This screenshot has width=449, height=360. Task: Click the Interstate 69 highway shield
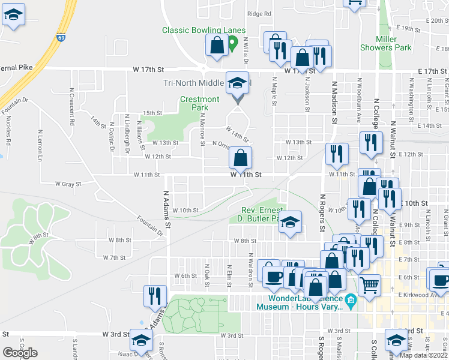(61, 37)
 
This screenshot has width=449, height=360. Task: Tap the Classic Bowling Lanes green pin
(233, 44)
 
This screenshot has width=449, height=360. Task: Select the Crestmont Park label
(200, 103)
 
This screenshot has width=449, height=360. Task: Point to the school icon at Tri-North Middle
(237, 83)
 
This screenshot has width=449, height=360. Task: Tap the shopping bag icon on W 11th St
(240, 158)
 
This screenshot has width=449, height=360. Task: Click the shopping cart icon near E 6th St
(369, 284)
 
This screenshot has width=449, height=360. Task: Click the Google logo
(20, 353)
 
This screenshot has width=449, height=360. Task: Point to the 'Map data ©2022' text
(424, 355)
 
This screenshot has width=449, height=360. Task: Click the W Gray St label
(68, 184)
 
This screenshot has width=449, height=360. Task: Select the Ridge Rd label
(260, 14)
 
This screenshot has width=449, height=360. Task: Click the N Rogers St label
(322, 212)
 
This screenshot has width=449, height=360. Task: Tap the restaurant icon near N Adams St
(154, 296)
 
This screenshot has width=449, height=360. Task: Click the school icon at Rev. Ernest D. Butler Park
(290, 223)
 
